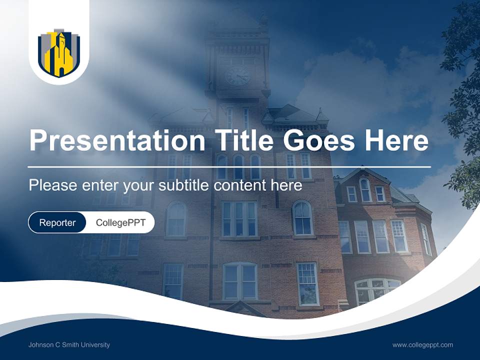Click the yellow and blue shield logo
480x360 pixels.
[x=59, y=53]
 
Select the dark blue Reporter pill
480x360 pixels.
[x=57, y=222]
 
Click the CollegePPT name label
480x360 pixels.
[x=120, y=222]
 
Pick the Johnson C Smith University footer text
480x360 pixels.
[x=69, y=344]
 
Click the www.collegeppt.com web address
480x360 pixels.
[x=422, y=344]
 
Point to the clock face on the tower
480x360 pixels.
[x=237, y=75]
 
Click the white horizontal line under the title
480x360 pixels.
[x=229, y=166]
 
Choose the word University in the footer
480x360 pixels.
[x=96, y=344]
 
